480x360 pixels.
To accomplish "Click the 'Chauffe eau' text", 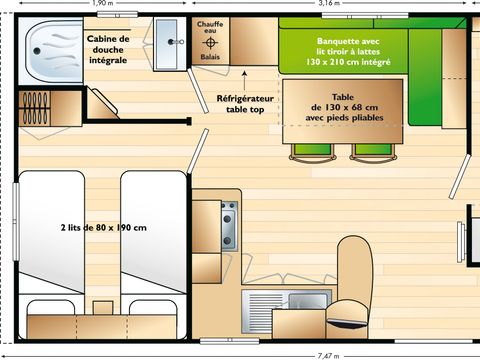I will [x=211, y=28].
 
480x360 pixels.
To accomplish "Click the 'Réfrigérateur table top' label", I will [x=245, y=105].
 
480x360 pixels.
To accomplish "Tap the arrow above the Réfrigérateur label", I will [x=246, y=76].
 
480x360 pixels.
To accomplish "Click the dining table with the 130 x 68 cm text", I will [x=344, y=109].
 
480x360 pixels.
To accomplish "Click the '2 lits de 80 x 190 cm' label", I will [x=103, y=228].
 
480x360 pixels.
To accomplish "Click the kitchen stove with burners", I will [x=229, y=224].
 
